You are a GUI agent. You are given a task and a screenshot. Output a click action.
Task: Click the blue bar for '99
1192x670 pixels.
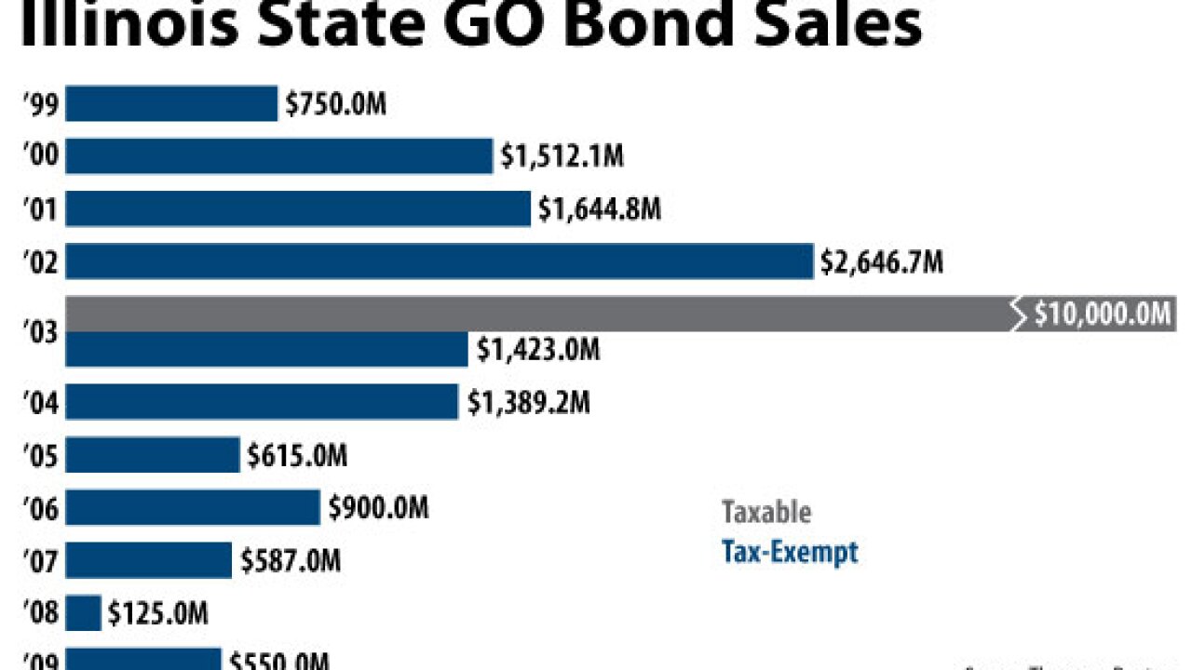click(x=171, y=103)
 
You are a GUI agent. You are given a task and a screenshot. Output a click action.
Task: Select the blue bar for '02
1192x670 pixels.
click(x=439, y=261)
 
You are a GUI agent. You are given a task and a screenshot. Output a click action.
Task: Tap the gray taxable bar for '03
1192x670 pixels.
click(x=540, y=314)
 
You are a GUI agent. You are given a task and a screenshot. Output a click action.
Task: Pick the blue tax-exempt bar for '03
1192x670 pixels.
click(x=266, y=349)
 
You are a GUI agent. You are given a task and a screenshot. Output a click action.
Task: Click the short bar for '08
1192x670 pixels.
click(x=83, y=613)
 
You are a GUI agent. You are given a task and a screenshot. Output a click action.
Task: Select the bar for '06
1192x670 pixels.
click(x=193, y=508)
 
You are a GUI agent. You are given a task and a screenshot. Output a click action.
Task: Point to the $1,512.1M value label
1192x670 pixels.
click(x=562, y=156)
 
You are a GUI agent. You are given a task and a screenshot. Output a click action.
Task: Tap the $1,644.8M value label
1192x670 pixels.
click(x=600, y=209)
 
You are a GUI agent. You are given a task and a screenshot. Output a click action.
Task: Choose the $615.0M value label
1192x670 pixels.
click(x=297, y=456)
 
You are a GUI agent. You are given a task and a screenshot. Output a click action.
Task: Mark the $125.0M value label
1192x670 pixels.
click(x=157, y=613)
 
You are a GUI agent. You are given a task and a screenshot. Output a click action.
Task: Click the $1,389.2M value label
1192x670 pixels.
click(x=528, y=403)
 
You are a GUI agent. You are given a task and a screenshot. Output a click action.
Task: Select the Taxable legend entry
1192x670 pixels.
click(x=766, y=512)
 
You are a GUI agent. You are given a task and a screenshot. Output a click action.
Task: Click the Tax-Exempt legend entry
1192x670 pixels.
click(x=790, y=552)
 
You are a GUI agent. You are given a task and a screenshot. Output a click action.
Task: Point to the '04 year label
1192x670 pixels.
click(x=41, y=404)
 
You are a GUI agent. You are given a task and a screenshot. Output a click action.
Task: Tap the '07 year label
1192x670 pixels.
click(x=41, y=561)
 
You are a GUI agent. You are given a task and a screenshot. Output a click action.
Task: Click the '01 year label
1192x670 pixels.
click(x=41, y=210)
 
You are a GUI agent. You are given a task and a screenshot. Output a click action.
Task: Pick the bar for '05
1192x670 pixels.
click(x=153, y=456)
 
